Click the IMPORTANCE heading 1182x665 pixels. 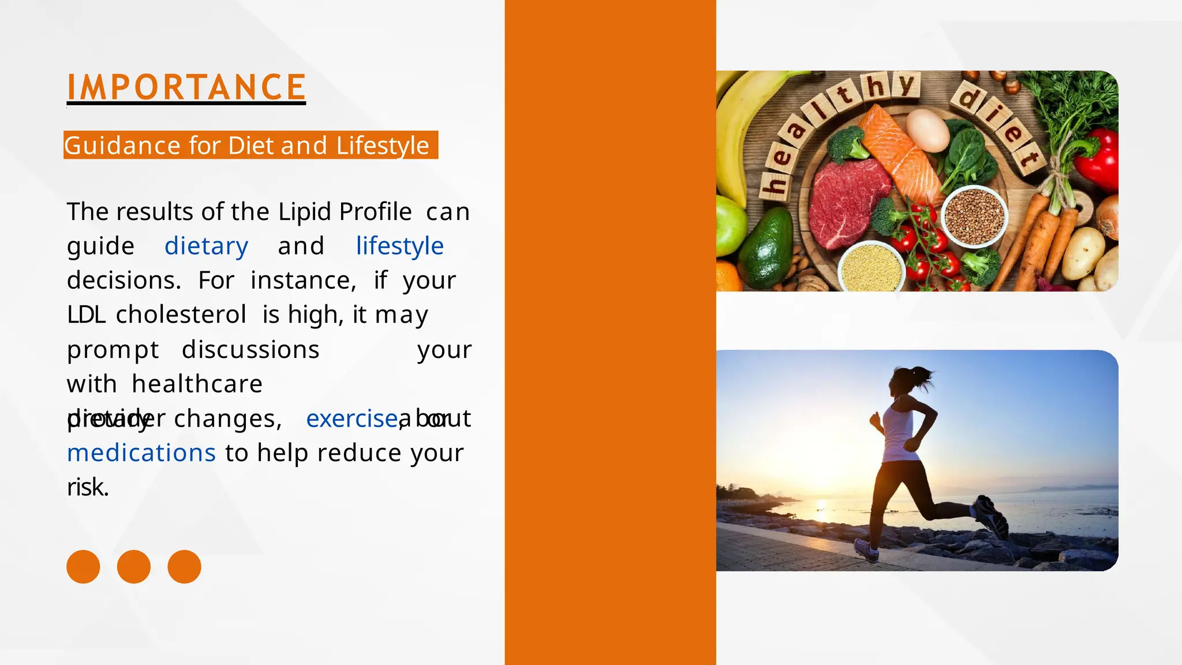point(186,87)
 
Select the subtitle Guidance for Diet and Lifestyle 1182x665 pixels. point(247,145)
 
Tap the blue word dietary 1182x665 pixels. point(207,246)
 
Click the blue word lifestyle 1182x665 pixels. point(399,246)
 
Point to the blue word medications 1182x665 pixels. point(141,453)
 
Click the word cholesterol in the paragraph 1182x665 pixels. point(181,315)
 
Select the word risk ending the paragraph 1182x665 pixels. point(87,487)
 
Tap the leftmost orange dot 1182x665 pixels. point(83,567)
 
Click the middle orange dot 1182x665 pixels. point(134,567)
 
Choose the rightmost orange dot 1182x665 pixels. point(184,567)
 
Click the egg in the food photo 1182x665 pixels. point(927,130)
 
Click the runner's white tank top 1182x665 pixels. point(899,433)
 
